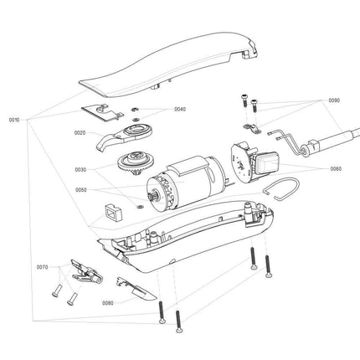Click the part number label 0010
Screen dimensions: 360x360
(x=13, y=120)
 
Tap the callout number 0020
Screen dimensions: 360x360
(x=80, y=133)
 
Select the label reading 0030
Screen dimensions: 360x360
(x=80, y=170)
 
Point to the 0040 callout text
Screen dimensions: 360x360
(x=180, y=110)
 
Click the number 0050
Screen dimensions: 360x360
(x=80, y=191)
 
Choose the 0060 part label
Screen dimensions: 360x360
(x=335, y=168)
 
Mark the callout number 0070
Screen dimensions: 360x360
(x=42, y=267)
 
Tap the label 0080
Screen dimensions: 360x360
(x=107, y=302)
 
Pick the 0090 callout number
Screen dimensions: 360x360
(x=334, y=100)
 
